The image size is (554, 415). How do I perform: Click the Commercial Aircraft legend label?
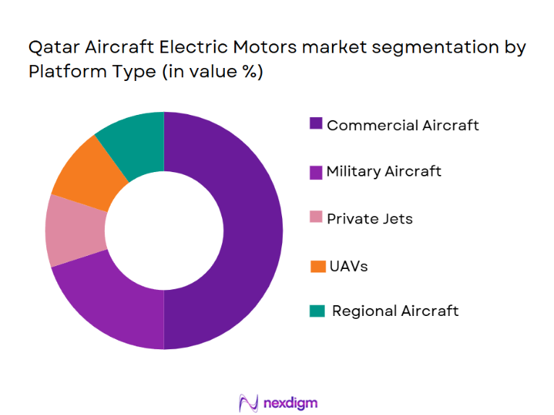pos(402,125)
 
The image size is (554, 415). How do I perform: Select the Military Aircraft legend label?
pos(383,171)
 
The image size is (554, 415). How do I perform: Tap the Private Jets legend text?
pos(370,218)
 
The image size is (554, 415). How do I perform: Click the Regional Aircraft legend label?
pos(395,311)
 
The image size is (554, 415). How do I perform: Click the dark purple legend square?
pos(316,124)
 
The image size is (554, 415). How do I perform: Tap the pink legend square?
pos(316,217)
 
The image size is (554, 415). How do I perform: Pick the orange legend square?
pos(316,266)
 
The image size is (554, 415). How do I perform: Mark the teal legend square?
pos(316,311)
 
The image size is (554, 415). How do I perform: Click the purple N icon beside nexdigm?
pos(248,402)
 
